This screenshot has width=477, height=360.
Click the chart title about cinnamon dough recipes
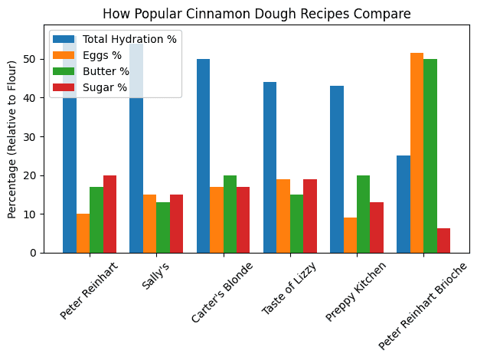pos(257,14)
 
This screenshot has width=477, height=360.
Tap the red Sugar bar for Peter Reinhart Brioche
pos(443,241)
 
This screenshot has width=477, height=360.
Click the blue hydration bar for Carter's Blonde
pos(203,156)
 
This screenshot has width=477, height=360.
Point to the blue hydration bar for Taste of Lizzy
pos(270,168)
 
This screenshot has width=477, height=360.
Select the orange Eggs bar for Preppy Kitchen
pos(350,235)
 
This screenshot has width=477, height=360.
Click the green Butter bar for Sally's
pos(163,227)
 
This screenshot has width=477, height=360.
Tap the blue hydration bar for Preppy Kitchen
pos(336,169)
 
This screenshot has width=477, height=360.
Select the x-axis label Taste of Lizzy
pos(290,288)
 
